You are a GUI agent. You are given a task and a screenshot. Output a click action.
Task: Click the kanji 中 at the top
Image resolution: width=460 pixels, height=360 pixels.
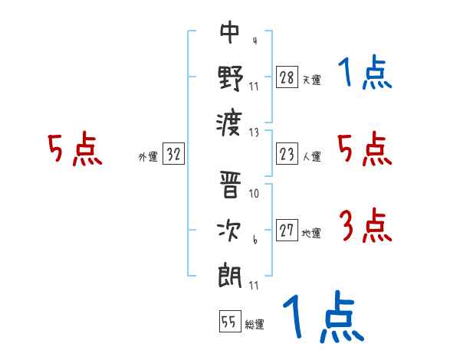coord(230,34)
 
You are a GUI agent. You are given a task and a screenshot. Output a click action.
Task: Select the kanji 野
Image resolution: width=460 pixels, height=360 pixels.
coord(230,77)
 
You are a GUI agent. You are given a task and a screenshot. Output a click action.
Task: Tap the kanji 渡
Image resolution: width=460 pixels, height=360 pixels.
coord(230,121)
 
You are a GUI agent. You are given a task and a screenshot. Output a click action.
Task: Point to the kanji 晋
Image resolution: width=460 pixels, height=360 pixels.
coord(230,187)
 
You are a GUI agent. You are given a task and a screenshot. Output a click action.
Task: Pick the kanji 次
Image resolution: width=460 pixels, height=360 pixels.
coord(230,231)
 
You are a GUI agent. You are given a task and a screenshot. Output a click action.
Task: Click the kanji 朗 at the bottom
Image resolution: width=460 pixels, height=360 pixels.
coord(230,274)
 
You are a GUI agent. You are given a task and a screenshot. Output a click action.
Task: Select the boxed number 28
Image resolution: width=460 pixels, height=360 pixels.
coord(287,77)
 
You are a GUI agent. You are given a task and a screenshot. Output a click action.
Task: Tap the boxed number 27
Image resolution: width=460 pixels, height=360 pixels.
coord(287,231)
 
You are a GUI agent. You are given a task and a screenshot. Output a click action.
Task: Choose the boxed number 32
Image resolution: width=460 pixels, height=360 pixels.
coord(173,155)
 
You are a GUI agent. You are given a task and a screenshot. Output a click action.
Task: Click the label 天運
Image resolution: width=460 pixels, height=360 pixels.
coord(310,80)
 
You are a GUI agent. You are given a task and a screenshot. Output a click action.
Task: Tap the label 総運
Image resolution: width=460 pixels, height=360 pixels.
coord(254,324)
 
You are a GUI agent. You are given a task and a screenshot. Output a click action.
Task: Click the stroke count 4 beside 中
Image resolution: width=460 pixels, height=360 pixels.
coord(254,41)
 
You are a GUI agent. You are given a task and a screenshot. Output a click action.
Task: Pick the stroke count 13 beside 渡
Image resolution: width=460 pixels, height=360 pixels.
coord(255,132)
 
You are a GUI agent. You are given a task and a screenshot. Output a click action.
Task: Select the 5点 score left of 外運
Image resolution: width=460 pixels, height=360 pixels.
coord(74,149)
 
